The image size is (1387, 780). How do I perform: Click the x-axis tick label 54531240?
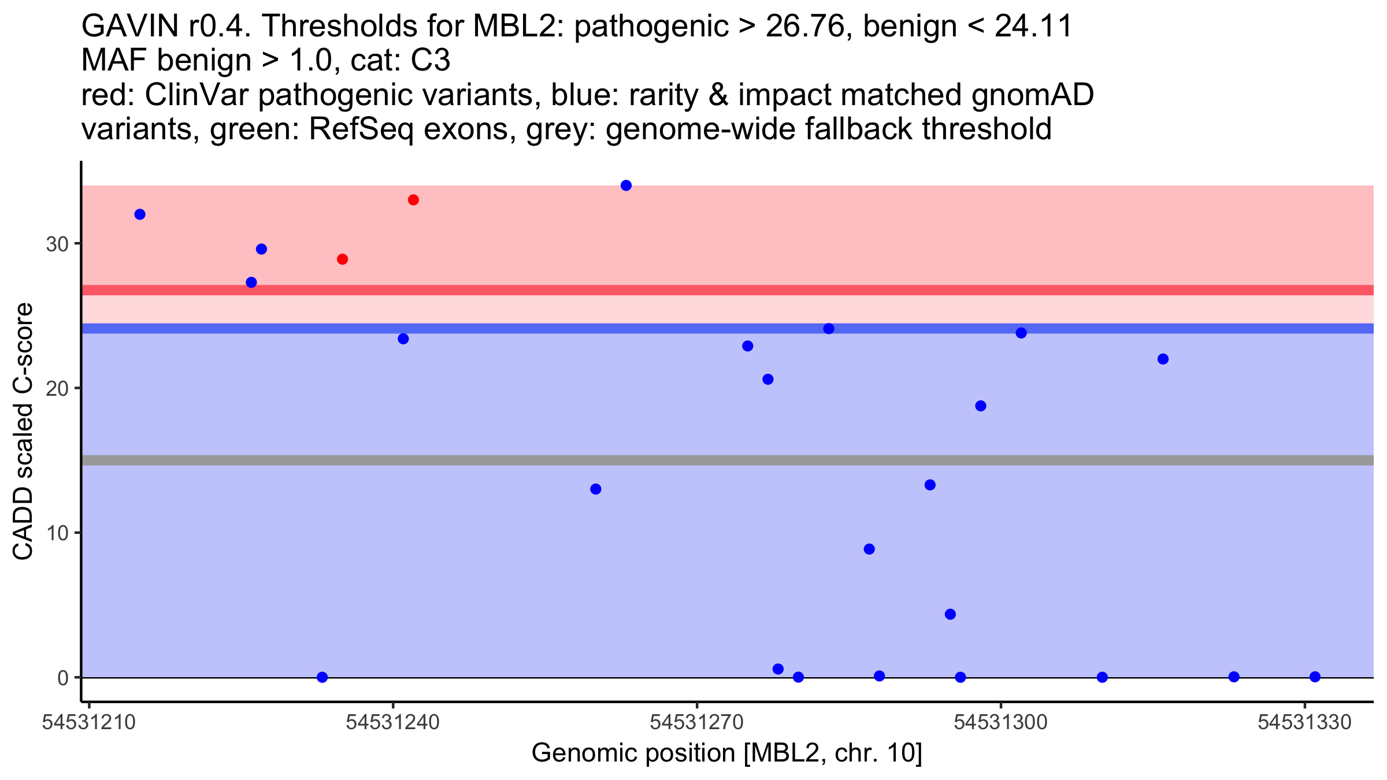pos(393,722)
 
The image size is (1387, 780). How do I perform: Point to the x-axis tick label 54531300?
pos(1000,722)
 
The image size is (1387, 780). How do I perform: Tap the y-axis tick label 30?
pos(57,244)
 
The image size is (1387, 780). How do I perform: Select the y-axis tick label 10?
pos(57,533)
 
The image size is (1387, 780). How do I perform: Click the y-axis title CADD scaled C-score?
pos(23,432)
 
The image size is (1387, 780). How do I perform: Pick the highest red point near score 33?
pos(413,200)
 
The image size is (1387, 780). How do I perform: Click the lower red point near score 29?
pos(343,259)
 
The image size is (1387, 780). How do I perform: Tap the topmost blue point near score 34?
pos(626,185)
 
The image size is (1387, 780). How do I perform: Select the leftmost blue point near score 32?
pos(140,214)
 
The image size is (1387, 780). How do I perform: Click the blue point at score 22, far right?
pos(1163,359)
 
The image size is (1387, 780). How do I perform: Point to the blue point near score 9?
pos(869,549)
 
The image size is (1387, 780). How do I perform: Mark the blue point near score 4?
pos(950,614)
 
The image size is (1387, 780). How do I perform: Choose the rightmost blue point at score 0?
pos(1315,677)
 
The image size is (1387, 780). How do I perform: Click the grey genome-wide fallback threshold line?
pos(728,460)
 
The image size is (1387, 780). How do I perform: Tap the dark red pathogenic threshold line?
pos(728,290)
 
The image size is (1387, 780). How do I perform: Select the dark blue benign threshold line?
pos(728,329)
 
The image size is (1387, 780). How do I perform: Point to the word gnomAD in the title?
pos(1033,95)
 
